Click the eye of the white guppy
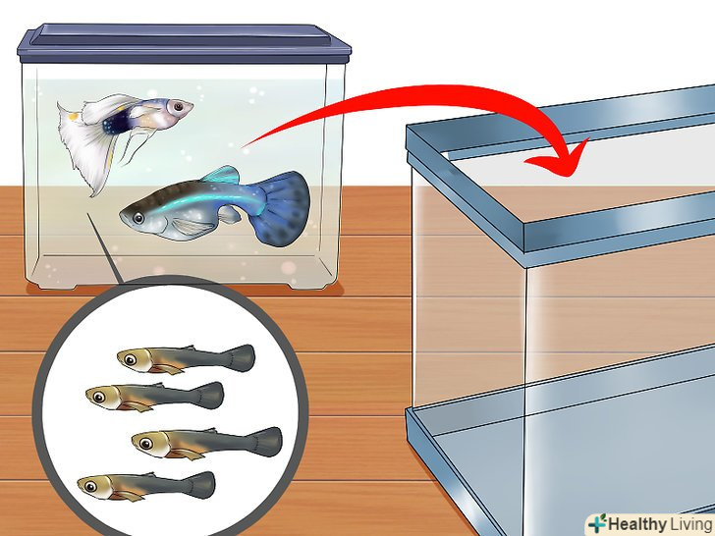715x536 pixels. point(178,107)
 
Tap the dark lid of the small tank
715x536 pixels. point(184,44)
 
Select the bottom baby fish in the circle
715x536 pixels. point(146,486)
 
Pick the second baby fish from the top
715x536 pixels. point(154,397)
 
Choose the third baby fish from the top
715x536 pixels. point(206,443)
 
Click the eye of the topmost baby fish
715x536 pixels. point(131,359)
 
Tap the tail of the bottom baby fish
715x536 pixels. point(199,485)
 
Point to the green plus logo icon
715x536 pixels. point(596,523)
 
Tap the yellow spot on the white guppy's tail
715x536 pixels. point(73,117)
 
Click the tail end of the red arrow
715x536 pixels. point(244,146)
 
